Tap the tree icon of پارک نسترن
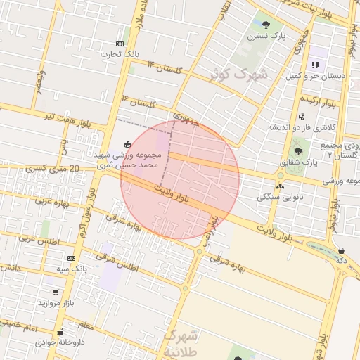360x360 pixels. click(x=265, y=25)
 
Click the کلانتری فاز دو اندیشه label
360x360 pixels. click(x=302, y=128)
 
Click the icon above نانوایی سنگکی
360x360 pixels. click(x=281, y=186)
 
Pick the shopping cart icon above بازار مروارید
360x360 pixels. click(x=56, y=292)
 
